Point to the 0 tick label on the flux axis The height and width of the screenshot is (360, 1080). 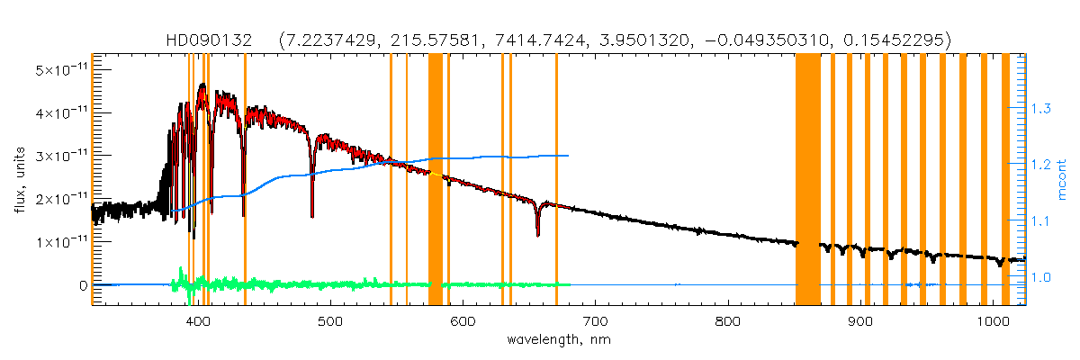click(83, 285)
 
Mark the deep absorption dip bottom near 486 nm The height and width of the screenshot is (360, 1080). click(312, 215)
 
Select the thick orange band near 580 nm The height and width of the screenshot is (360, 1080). click(435, 180)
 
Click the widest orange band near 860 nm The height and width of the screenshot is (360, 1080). click(807, 180)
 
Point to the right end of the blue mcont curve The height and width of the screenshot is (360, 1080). click(568, 155)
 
